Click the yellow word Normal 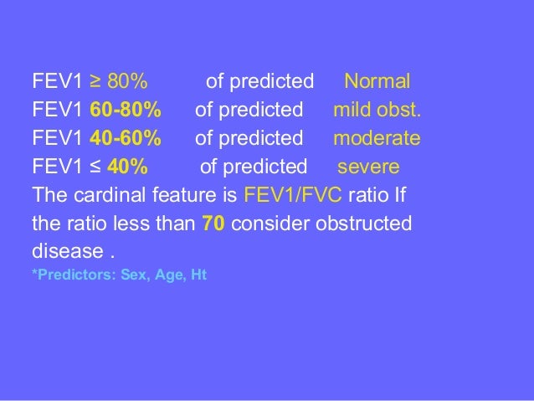(x=377, y=82)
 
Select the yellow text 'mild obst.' (x=377, y=110)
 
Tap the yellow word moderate (x=377, y=137)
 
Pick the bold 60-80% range (x=126, y=110)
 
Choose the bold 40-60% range (x=126, y=137)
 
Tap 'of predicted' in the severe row (x=254, y=165)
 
